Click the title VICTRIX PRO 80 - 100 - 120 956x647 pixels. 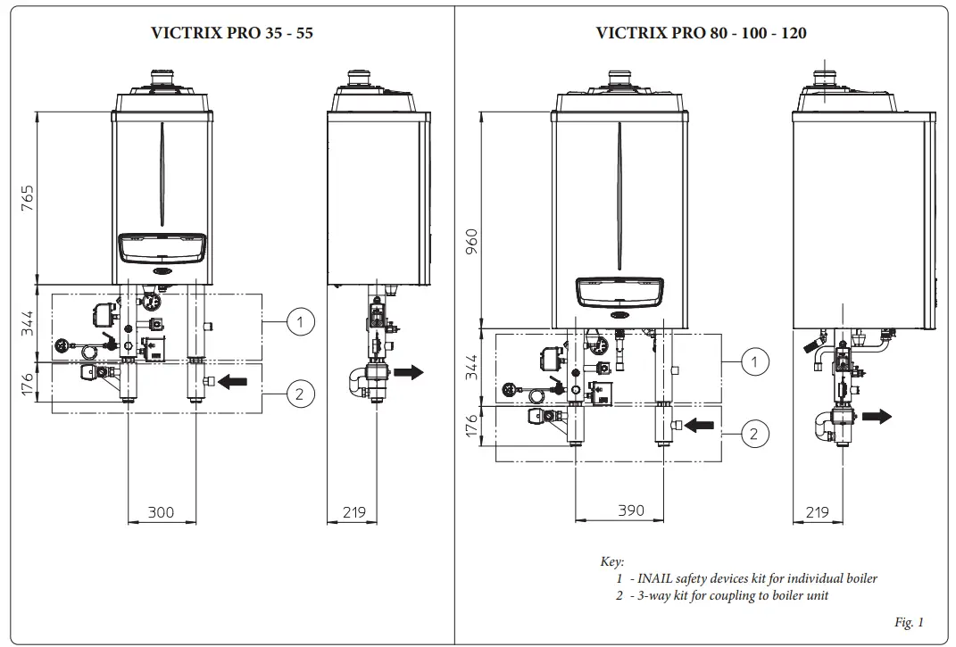coord(701,33)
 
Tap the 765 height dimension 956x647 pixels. coord(28,198)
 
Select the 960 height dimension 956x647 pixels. coord(471,241)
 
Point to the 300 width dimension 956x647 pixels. coord(161,512)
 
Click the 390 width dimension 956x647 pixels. coord(631,510)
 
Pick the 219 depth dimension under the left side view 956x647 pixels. coord(353,512)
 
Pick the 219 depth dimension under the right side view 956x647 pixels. coord(817,512)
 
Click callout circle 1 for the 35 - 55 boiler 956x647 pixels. coord(302,322)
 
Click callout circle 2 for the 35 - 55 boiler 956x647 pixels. coord(302,392)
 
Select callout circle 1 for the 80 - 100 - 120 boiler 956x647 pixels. coord(755,361)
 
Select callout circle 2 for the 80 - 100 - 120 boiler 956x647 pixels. coord(755,434)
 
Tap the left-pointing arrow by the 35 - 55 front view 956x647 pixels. coord(233,382)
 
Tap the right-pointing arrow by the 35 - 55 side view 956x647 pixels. coord(408,372)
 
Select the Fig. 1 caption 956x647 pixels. coord(908,622)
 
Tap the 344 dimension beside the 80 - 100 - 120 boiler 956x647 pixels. coord(471,367)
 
